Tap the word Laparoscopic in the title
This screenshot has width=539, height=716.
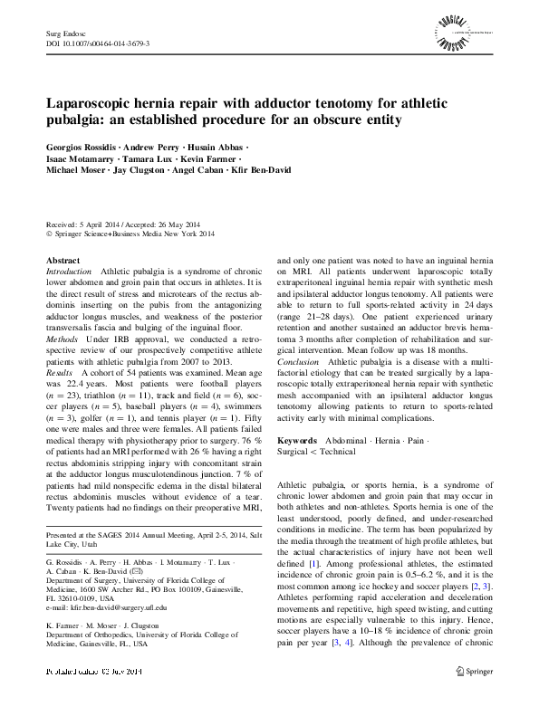(x=91, y=104)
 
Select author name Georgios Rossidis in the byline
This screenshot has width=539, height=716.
(x=82, y=147)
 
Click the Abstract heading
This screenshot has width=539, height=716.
(x=63, y=260)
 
